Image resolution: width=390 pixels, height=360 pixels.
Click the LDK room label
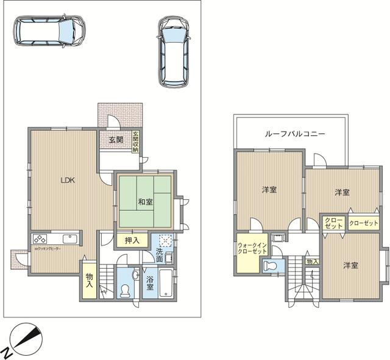point(67,180)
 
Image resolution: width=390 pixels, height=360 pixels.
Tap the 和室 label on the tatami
point(145,201)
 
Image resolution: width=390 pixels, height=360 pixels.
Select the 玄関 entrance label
point(116,139)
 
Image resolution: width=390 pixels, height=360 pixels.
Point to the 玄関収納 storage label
point(136,141)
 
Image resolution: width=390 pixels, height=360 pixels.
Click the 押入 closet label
point(132,240)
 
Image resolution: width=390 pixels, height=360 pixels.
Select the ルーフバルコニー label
point(294,133)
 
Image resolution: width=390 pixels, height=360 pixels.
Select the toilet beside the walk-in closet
point(271,266)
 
